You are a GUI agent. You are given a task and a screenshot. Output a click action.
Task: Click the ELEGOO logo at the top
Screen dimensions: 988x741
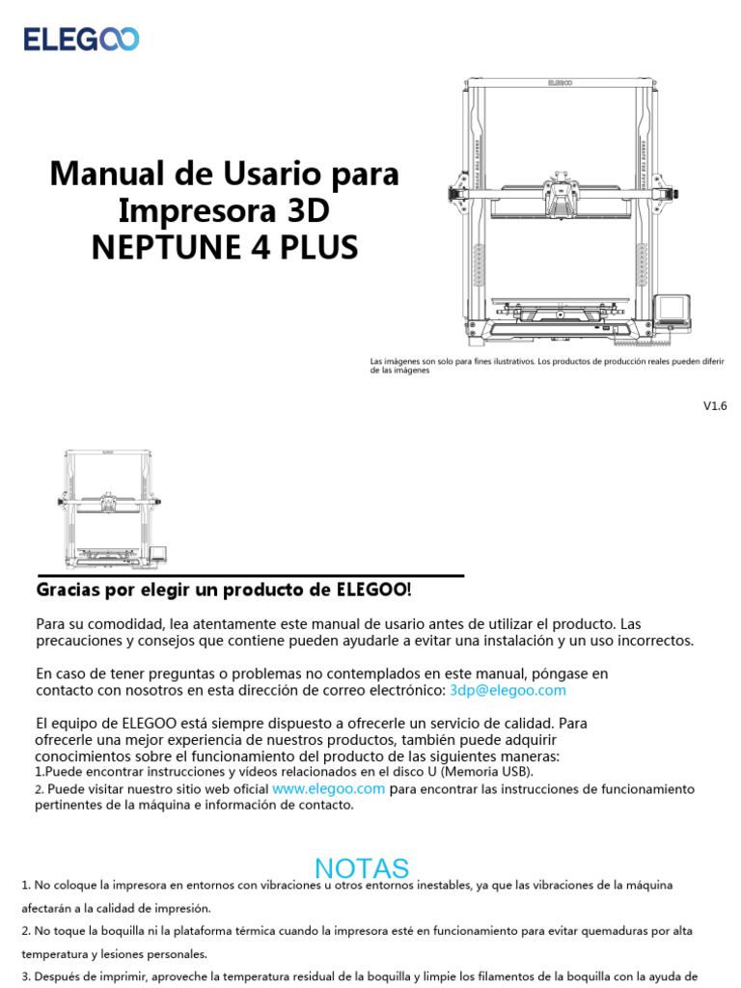81,39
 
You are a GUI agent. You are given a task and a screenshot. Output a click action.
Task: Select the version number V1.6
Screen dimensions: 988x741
714,406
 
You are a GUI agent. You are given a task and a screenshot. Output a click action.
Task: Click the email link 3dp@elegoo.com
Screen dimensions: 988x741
508,691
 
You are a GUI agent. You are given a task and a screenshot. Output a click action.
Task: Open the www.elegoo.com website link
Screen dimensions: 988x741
329,788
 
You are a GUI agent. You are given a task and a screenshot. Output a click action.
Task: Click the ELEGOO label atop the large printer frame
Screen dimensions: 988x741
560,84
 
